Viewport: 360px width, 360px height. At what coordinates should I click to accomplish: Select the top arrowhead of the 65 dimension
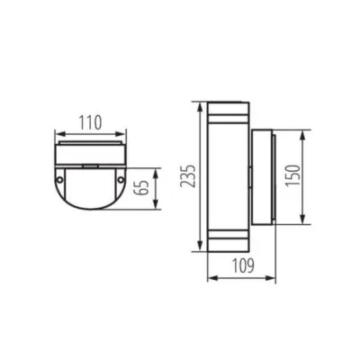[158, 169]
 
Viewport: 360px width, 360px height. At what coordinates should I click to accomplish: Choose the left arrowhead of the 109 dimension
[210, 278]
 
